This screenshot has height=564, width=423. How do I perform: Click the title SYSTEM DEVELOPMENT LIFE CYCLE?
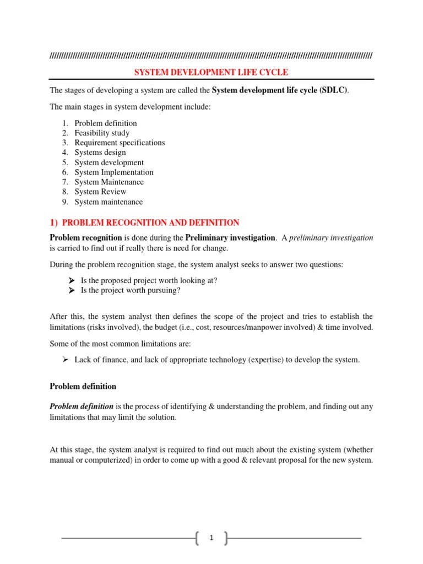[211, 72]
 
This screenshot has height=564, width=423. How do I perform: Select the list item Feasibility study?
[102, 133]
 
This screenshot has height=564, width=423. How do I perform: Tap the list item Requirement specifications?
[120, 143]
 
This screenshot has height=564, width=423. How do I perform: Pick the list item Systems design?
[100, 153]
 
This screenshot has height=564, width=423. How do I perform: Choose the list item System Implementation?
[114, 172]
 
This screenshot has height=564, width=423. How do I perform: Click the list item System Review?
[100, 192]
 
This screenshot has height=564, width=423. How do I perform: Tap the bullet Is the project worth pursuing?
[131, 290]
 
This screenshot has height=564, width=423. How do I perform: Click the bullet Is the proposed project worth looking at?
[149, 280]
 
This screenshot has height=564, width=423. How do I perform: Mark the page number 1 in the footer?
[211, 538]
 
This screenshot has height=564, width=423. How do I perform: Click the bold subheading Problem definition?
[83, 386]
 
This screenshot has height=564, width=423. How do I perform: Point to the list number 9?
[64, 202]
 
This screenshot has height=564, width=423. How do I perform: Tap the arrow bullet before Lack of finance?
[64, 360]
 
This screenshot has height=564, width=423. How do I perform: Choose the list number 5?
[64, 162]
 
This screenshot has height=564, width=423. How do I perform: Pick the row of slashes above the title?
[211, 56]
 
